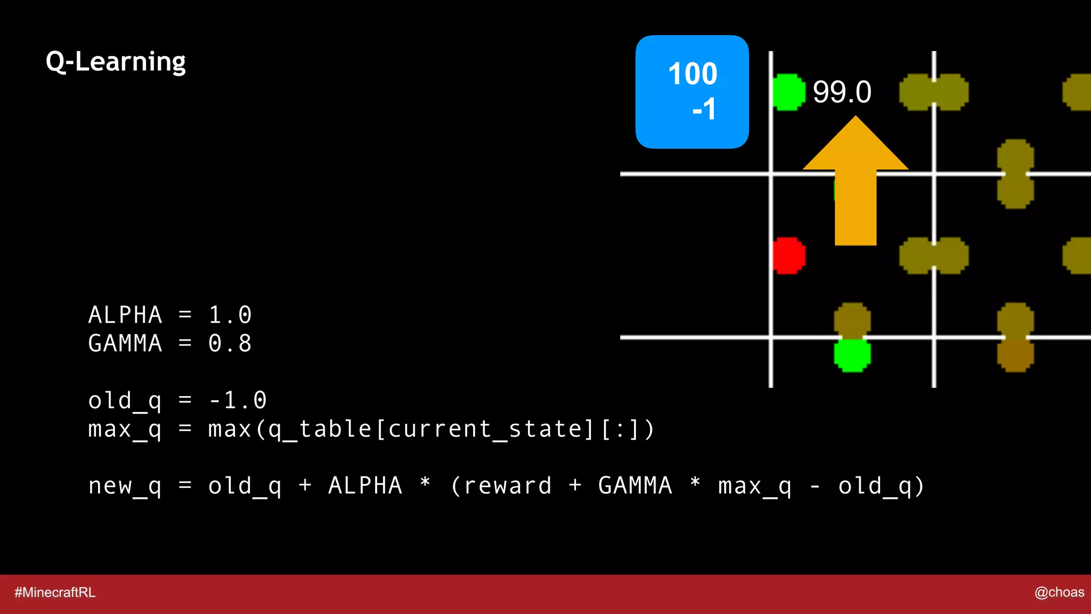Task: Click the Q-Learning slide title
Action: pyautogui.click(x=116, y=62)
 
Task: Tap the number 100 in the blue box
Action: pyautogui.click(x=693, y=74)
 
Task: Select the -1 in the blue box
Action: pyautogui.click(x=704, y=109)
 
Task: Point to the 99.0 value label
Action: pyautogui.click(x=842, y=92)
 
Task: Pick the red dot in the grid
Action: pyautogui.click(x=789, y=255)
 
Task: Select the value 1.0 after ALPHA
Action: pyautogui.click(x=230, y=315)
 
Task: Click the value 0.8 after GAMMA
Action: pyautogui.click(x=230, y=343)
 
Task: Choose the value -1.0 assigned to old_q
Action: pyautogui.click(x=237, y=400)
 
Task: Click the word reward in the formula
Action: pyautogui.click(x=507, y=486)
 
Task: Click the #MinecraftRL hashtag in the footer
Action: pyautogui.click(x=55, y=592)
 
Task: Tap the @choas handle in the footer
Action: pyautogui.click(x=1059, y=592)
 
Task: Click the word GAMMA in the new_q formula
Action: pyautogui.click(x=635, y=486)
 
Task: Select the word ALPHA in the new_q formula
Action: pyautogui.click(x=365, y=486)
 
